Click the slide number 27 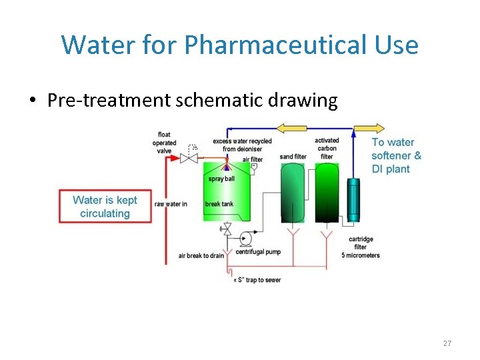(447, 343)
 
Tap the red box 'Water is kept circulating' (105, 207)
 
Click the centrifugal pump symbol (245, 237)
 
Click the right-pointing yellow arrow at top (369, 129)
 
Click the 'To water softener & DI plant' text (396, 155)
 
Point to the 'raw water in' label (171, 204)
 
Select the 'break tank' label (219, 204)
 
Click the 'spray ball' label (221, 179)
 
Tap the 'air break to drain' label (201, 256)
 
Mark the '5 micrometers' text (361, 255)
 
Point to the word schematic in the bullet (213, 101)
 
